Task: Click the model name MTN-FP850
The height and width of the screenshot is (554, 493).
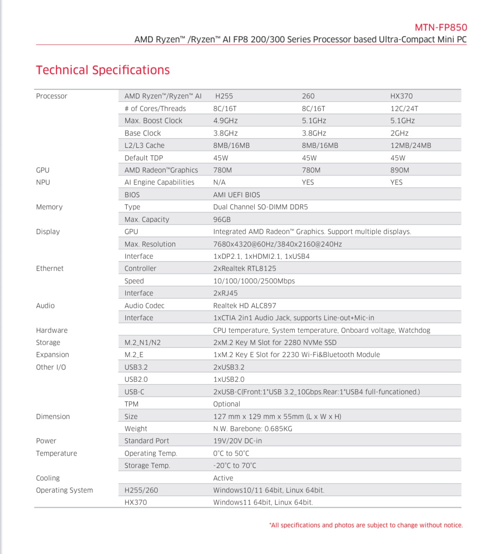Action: [441, 28]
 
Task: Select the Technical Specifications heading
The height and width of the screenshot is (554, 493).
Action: [103, 70]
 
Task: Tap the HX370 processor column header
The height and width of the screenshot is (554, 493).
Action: [401, 96]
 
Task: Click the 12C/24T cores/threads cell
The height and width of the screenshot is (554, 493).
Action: [404, 109]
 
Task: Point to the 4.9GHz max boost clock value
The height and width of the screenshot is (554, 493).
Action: [225, 121]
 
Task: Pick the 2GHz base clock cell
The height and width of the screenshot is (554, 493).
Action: [399, 133]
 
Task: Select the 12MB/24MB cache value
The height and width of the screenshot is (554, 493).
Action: [411, 146]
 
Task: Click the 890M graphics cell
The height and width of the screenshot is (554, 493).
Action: [399, 170]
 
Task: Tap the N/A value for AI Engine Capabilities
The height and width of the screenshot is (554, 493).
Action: [219, 182]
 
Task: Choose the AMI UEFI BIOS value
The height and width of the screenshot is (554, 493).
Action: [237, 195]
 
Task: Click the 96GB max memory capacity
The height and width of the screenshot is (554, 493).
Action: [222, 220]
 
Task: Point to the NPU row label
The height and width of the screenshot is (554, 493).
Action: [43, 182]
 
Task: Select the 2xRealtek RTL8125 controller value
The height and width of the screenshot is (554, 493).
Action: [245, 269]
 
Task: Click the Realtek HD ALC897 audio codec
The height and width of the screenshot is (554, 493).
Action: [245, 306]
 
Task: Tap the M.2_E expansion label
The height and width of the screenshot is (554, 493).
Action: [134, 355]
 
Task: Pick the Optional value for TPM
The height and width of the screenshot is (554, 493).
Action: [227, 404]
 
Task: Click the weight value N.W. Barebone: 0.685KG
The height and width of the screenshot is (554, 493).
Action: [253, 429]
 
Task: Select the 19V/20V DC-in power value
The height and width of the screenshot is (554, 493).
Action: [238, 441]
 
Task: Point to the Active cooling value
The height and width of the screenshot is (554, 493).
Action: [223, 478]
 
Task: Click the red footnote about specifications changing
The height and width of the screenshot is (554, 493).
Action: [366, 525]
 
